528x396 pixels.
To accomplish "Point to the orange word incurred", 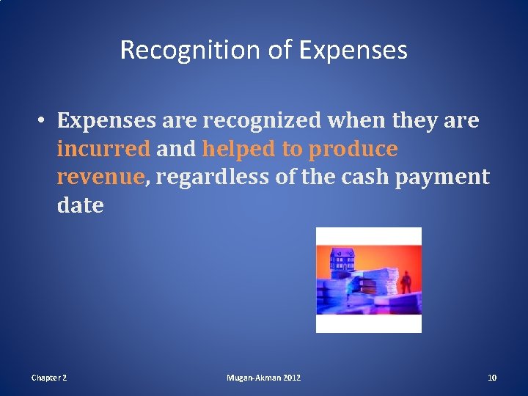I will point(103,149).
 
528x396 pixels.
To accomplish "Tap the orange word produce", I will point(353,149).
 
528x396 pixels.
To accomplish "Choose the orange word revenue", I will point(100,177).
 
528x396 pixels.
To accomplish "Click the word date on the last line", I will point(80,205).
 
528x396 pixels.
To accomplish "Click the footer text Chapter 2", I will point(48,378).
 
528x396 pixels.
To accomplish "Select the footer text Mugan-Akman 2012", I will point(263,378).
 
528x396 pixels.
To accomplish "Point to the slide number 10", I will point(492,378).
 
